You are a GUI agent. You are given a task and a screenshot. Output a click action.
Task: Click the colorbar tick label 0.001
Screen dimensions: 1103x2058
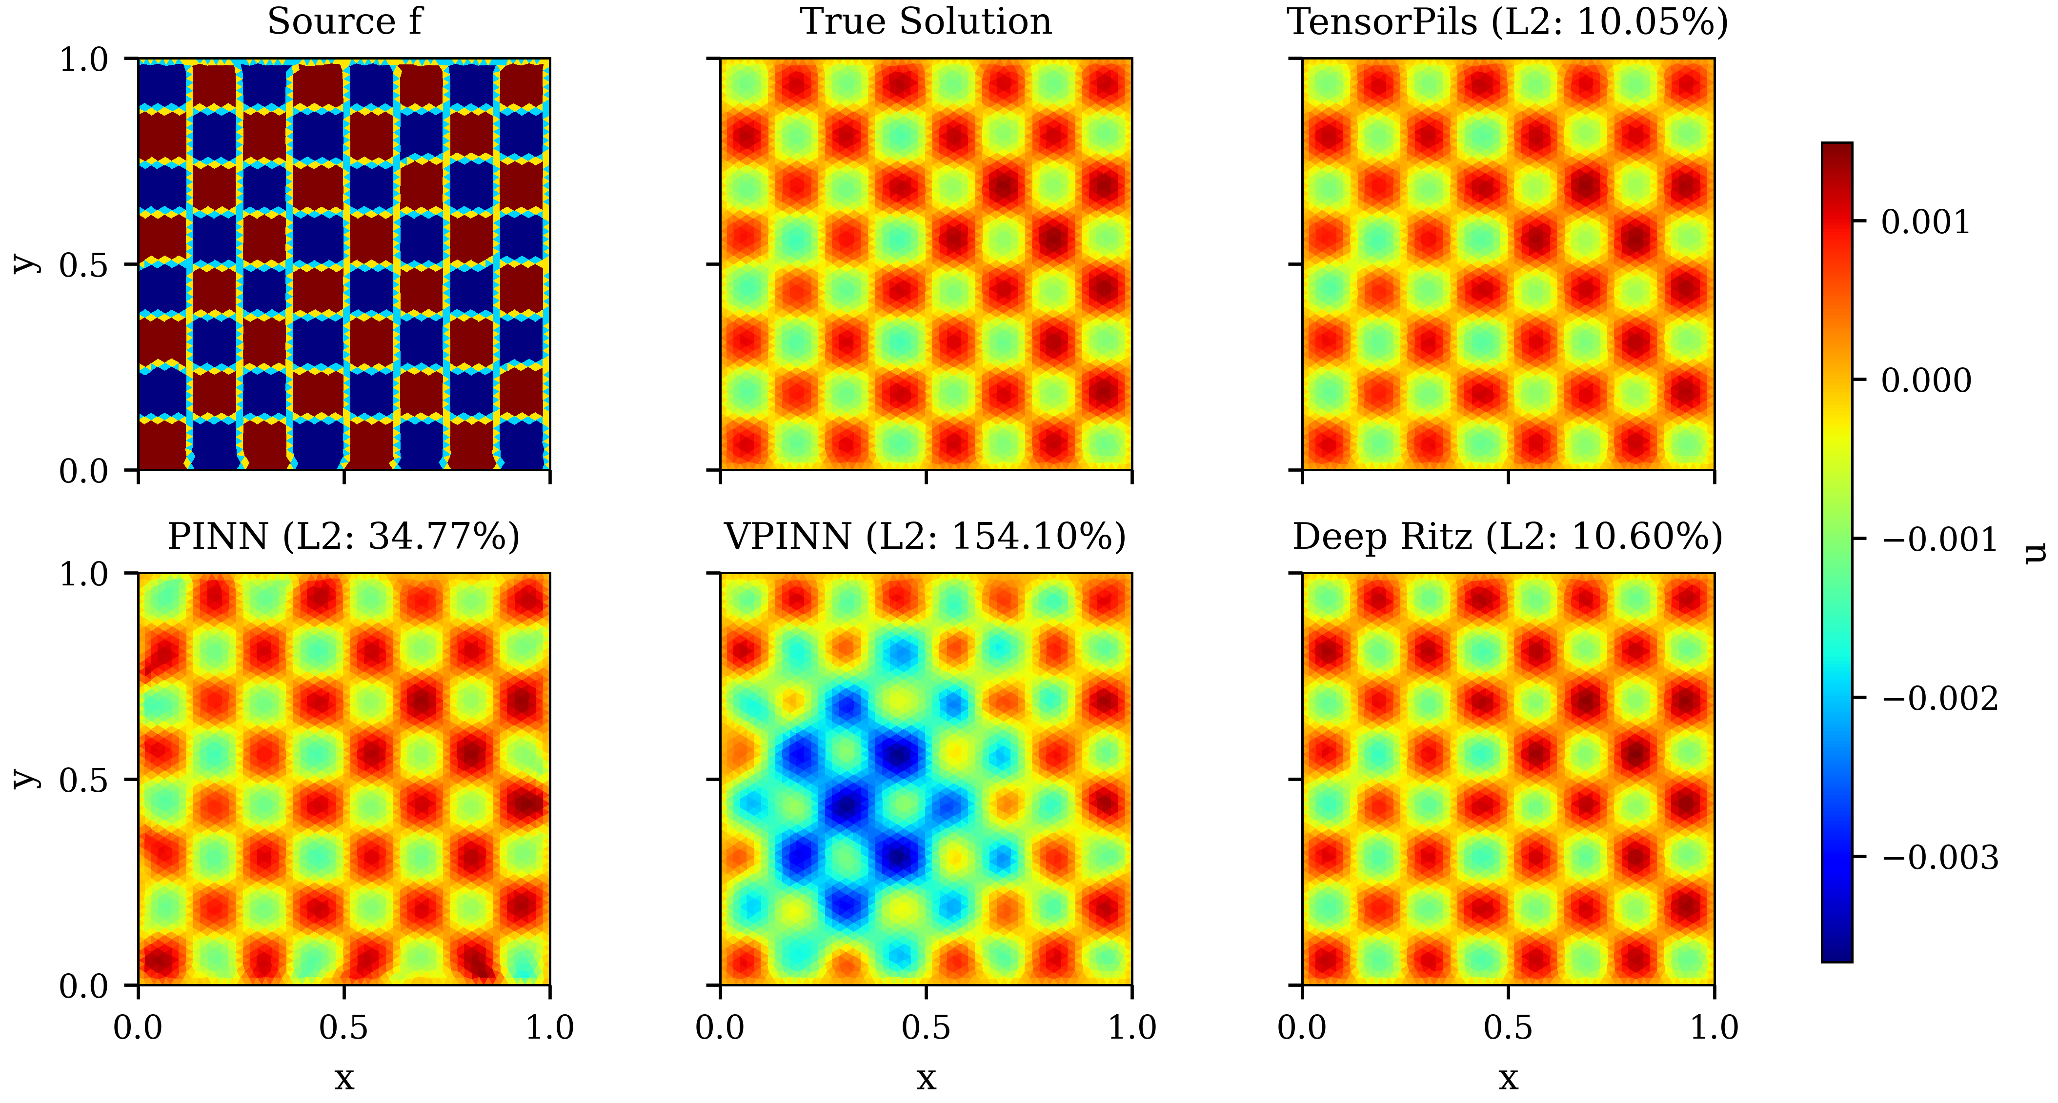click(x=1925, y=222)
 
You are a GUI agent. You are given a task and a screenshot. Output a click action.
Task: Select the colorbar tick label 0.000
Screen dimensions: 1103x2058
click(x=1925, y=381)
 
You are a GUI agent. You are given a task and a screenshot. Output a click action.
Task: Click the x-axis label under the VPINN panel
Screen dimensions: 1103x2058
click(x=926, y=1078)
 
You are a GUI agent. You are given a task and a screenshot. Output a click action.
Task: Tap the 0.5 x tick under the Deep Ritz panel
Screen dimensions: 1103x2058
click(x=1508, y=1027)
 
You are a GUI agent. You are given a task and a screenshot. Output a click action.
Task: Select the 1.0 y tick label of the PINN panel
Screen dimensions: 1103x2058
click(x=84, y=574)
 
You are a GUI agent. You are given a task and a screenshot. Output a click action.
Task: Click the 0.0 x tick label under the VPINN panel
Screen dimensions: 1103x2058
click(x=721, y=1027)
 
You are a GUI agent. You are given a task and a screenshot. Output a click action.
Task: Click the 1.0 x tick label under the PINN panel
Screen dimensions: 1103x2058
click(x=550, y=1027)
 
